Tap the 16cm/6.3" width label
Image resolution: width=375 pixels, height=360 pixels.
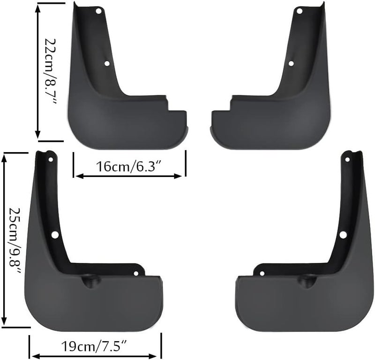coord(129,166)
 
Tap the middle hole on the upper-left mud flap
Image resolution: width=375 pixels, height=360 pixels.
coord(107,63)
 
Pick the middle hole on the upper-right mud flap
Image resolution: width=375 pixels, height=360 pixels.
coord(291,63)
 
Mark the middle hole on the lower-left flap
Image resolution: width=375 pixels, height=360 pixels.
coord(55,234)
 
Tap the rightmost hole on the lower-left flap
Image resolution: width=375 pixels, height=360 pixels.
coord(136,273)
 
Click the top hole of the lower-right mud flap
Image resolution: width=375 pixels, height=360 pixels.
coord(347,160)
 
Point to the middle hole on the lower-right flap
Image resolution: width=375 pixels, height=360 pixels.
coord(343,234)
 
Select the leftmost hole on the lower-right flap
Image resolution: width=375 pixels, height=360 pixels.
coord(262,273)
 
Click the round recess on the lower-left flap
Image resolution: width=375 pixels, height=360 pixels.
coord(89,282)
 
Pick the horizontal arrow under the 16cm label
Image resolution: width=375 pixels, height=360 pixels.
coord(129,176)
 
